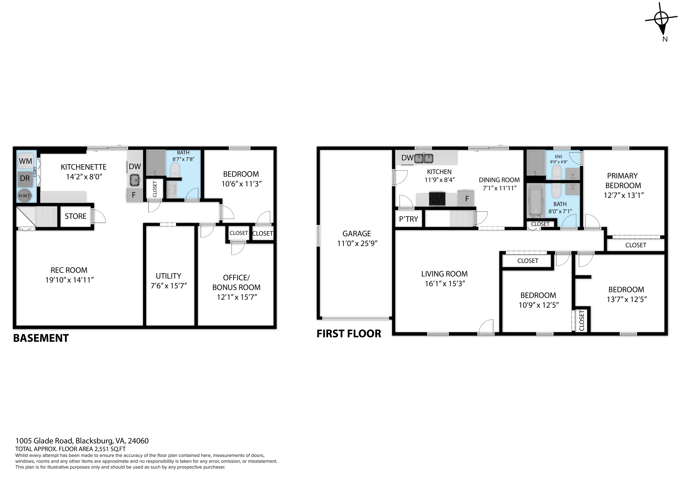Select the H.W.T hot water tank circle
pyautogui.click(x=24, y=196)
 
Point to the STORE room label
pyautogui.click(x=76, y=216)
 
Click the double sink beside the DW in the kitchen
pyautogui.click(x=424, y=158)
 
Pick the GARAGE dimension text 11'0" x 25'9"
pyautogui.click(x=357, y=243)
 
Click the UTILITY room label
pyautogui.click(x=168, y=276)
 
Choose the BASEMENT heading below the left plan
pyautogui.click(x=41, y=338)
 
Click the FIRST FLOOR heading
pyautogui.click(x=349, y=334)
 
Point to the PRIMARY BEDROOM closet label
pyautogui.click(x=636, y=245)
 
